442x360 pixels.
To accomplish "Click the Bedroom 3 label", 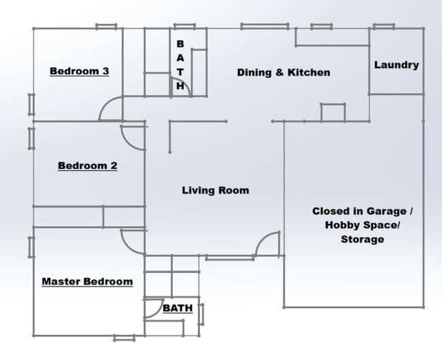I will pos(80,71).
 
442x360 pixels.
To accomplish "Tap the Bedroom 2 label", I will pos(87,165).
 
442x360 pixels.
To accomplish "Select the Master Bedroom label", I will pos(87,281).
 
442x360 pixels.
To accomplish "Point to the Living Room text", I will pos(215,191).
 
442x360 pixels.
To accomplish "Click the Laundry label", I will pos(396,65).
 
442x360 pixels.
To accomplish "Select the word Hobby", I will pos(343,225).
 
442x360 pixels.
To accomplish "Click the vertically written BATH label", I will pos(180,65).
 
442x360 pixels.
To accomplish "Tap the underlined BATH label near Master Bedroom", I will pos(177,308).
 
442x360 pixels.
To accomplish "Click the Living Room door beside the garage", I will pos(269,244).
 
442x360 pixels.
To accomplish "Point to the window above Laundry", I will pos(384,27).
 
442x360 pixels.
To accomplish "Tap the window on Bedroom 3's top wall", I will pos(105,27).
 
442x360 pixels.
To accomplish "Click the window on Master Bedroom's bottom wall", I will pos(124,338).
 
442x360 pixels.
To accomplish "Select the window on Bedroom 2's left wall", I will pos(31,137).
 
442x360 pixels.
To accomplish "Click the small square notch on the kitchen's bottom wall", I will pos(333,113).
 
